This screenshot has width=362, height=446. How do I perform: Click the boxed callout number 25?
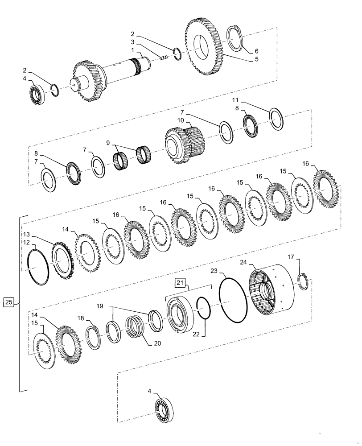pyautogui.click(x=9, y=303)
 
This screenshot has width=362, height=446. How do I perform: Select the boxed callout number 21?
pyautogui.click(x=179, y=283)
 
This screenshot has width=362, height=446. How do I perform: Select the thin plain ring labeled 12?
pyautogui.click(x=39, y=267)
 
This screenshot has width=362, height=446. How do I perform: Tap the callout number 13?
pyautogui.click(x=27, y=234)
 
